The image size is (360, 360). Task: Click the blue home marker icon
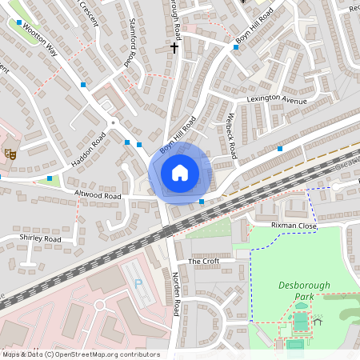point(180,173)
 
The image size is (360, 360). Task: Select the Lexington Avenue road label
point(276,102)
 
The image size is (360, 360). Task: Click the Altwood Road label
point(98,195)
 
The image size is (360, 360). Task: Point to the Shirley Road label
point(41,238)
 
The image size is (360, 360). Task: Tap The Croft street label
point(203,262)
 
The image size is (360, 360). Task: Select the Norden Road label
point(176,297)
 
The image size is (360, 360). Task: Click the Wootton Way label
point(42,40)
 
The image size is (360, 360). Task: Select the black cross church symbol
point(175,47)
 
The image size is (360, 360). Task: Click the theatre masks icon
point(10,153)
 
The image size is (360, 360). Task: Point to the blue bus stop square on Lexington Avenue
point(280,148)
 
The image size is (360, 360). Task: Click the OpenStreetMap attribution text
point(81,354)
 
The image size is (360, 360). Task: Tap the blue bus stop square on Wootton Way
point(83,84)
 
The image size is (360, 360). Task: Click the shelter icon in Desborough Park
point(318,322)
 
